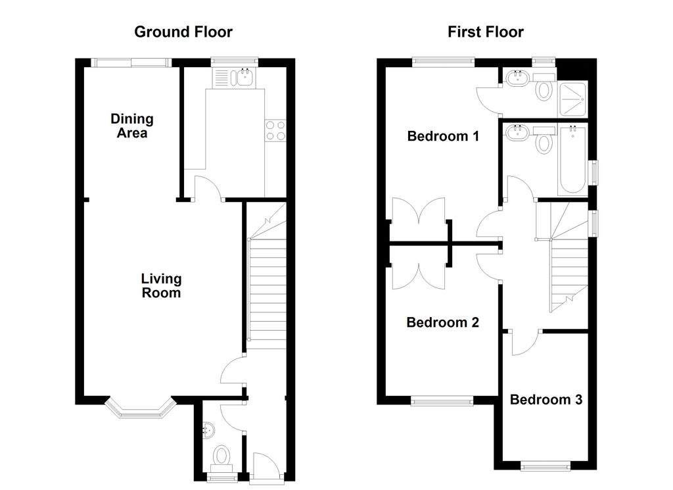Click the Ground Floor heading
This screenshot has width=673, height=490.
(183, 32)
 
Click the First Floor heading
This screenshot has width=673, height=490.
(486, 32)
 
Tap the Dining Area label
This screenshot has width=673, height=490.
(131, 126)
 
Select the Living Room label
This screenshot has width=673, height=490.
(162, 285)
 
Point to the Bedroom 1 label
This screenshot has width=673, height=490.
(443, 136)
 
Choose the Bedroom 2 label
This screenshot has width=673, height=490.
(442, 322)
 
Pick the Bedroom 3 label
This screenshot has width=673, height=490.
(546, 399)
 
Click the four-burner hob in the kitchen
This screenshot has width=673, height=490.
(275, 130)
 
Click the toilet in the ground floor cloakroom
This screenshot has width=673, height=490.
(221, 459)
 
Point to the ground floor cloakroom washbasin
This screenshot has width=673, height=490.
(207, 430)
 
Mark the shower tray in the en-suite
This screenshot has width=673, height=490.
(572, 99)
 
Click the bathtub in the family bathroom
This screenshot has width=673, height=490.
(572, 159)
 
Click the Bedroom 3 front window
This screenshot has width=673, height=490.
(546, 466)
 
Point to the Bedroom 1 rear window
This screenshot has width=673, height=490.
(444, 62)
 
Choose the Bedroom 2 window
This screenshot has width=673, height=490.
(442, 401)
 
